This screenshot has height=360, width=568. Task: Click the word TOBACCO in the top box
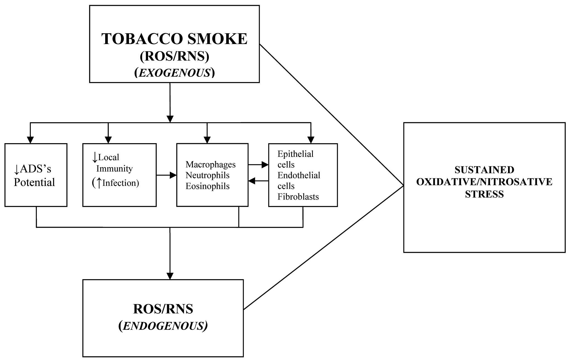(142, 39)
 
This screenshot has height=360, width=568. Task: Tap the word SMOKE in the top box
(217, 39)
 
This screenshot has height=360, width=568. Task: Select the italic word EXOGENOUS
(175, 73)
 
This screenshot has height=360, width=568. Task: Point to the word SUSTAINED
(484, 170)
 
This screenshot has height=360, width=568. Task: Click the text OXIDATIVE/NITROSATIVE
(484, 182)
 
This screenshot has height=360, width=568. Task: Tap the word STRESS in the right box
(484, 194)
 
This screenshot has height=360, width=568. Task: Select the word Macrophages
(211, 165)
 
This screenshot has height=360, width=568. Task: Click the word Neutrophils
(207, 176)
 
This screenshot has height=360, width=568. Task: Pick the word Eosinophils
(207, 186)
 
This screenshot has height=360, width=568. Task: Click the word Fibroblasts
(298, 197)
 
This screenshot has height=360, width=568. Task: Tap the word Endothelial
(299, 176)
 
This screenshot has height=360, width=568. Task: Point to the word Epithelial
(296, 154)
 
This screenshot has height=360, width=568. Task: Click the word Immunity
(115, 169)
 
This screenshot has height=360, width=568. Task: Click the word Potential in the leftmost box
(34, 183)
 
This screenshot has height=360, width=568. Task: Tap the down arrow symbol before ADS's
(16, 169)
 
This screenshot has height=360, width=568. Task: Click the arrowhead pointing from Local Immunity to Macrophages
(173, 175)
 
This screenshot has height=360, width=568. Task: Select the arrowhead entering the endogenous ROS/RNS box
(170, 276)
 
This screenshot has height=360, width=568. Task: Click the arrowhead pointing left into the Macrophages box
(252, 181)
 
